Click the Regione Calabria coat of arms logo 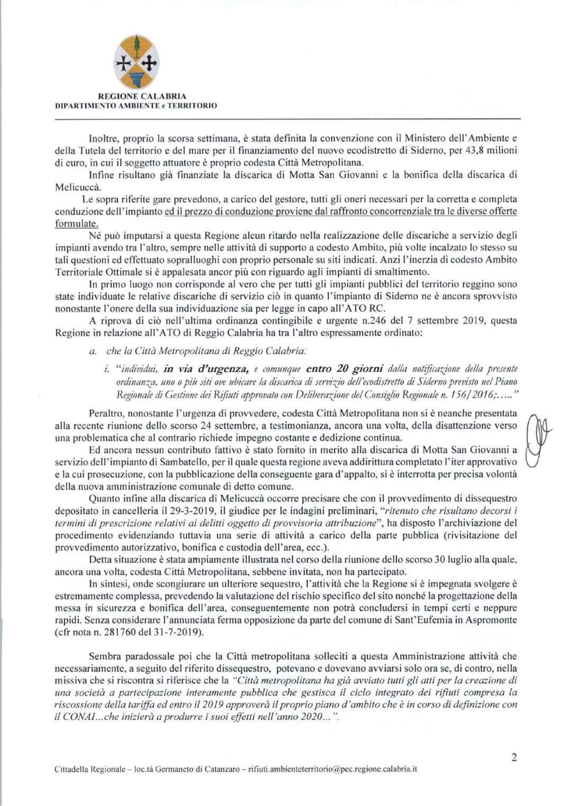[x=137, y=62]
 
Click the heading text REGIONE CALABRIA [x=142, y=96]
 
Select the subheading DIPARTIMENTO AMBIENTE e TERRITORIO [x=136, y=105]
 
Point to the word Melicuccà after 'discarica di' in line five [x=76, y=187]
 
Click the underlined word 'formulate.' [x=77, y=224]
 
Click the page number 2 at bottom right [x=514, y=757]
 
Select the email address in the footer [x=333, y=769]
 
